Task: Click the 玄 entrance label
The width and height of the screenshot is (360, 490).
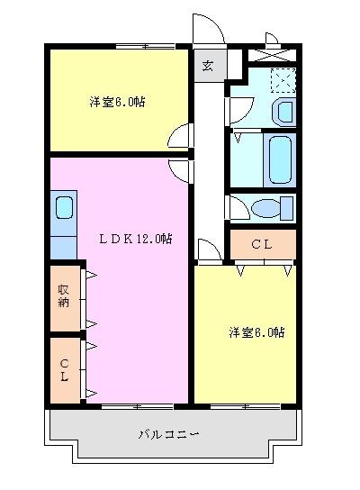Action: [x=207, y=66]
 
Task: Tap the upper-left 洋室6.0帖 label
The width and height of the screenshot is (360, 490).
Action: [x=117, y=102]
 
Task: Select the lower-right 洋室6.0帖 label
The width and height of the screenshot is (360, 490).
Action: [x=256, y=331]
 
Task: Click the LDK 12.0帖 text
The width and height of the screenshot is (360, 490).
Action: [x=135, y=239]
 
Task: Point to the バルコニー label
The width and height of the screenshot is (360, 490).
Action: [x=169, y=434]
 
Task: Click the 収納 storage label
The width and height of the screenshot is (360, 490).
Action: [x=64, y=297]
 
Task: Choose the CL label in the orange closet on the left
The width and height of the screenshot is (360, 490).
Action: [x=64, y=369]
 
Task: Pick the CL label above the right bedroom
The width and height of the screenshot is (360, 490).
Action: [x=262, y=243]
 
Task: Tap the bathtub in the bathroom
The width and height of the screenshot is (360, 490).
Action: [x=280, y=159]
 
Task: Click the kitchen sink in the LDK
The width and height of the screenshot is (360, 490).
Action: [x=64, y=209]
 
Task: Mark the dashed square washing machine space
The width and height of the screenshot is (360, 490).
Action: [x=283, y=80]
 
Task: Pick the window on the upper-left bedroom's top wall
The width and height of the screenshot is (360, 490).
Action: [x=145, y=44]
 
